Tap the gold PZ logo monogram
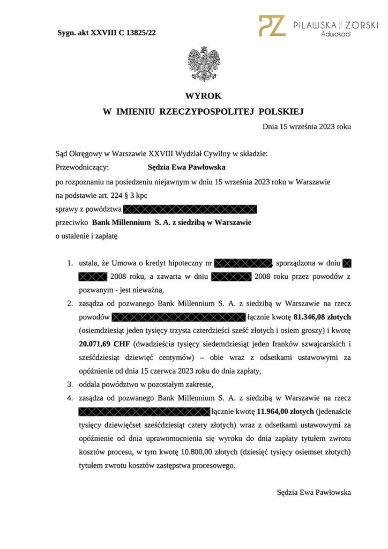272,26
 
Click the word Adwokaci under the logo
336,34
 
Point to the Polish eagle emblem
204,64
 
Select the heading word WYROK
203,97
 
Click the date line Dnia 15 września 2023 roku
307,127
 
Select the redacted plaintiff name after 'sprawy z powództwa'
191,209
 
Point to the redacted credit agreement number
243,263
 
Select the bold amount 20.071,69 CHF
101,343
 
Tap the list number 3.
70,384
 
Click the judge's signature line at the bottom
314,492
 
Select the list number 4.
70,398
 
